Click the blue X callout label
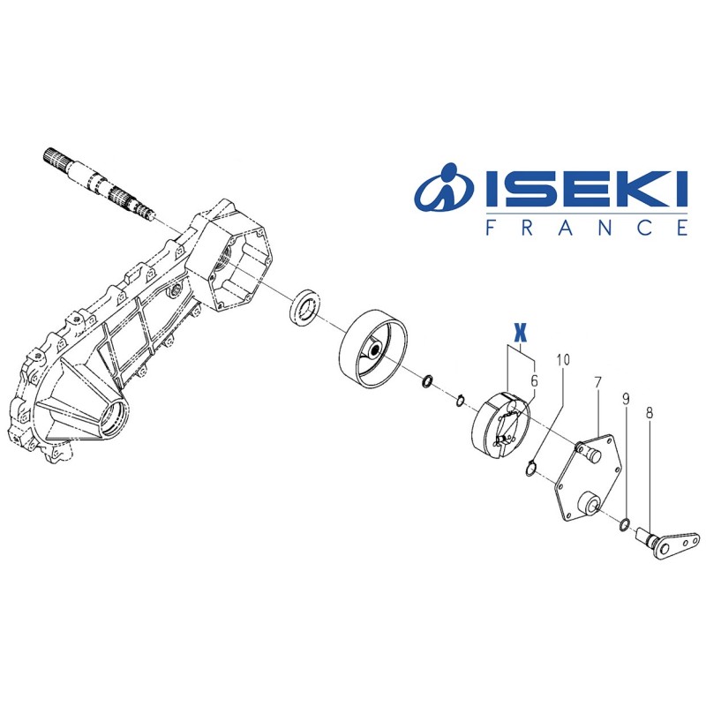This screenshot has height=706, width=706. (520, 334)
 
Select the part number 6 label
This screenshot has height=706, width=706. (534, 381)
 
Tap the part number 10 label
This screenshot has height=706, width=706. (563, 360)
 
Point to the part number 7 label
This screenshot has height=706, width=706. (597, 383)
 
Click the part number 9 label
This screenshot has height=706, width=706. (626, 399)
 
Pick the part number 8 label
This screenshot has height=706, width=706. (649, 412)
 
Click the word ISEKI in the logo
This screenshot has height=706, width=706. (586, 189)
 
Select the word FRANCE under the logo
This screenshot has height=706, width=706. (587, 228)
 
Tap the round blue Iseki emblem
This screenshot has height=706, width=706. (446, 188)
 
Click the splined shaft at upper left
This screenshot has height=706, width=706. (100, 182)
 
